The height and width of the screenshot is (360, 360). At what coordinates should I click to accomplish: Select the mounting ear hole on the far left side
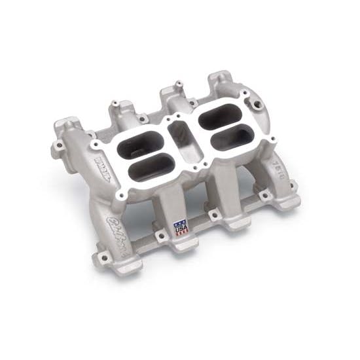coord(59,145)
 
